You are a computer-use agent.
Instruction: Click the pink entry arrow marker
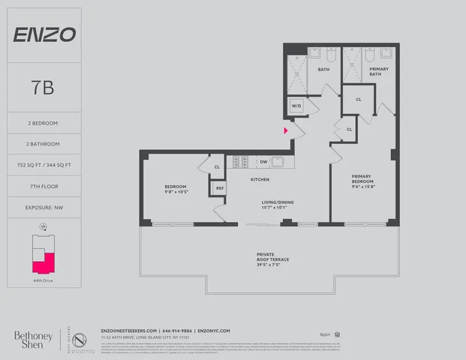(x=285, y=130)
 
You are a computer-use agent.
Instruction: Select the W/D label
(x=296, y=106)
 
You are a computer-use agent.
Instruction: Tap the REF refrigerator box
(x=219, y=188)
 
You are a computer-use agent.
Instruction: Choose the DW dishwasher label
(x=263, y=161)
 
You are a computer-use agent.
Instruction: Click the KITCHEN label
(x=260, y=179)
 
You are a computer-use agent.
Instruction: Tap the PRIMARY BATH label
(x=378, y=72)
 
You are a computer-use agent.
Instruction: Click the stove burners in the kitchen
(x=241, y=161)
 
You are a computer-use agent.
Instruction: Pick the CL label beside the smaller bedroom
(x=216, y=167)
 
